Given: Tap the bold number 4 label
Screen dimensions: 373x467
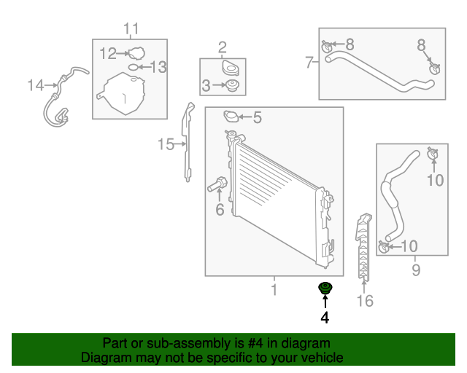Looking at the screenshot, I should [324, 318].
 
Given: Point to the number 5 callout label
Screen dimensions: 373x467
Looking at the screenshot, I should [256, 117].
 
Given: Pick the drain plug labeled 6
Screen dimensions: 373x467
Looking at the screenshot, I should [217, 185].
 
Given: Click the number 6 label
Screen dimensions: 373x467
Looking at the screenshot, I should [219, 210].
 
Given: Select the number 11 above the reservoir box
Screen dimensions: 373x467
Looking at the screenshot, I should [130, 29].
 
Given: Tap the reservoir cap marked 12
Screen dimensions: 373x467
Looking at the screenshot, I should [135, 53].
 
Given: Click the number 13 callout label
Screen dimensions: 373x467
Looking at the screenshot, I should [158, 67].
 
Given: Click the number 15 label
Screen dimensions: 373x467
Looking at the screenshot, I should [166, 144].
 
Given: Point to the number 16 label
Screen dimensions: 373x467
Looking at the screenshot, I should [364, 300].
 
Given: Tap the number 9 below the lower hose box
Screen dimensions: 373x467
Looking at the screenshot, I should [415, 271].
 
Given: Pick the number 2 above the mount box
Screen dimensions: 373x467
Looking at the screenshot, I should [222, 48].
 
